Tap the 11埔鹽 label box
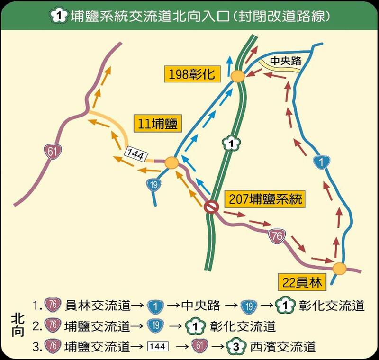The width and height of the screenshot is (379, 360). pos(157,124)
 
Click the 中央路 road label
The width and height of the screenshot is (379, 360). pos(283,61)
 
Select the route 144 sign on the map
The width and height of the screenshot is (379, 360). pos(136,153)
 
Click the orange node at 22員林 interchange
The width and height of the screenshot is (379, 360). pos(339,269)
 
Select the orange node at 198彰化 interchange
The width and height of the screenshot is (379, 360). pos(237,75)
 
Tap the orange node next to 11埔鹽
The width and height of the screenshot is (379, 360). pos(172,163)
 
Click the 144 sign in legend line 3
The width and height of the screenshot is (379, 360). pos(157,347)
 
